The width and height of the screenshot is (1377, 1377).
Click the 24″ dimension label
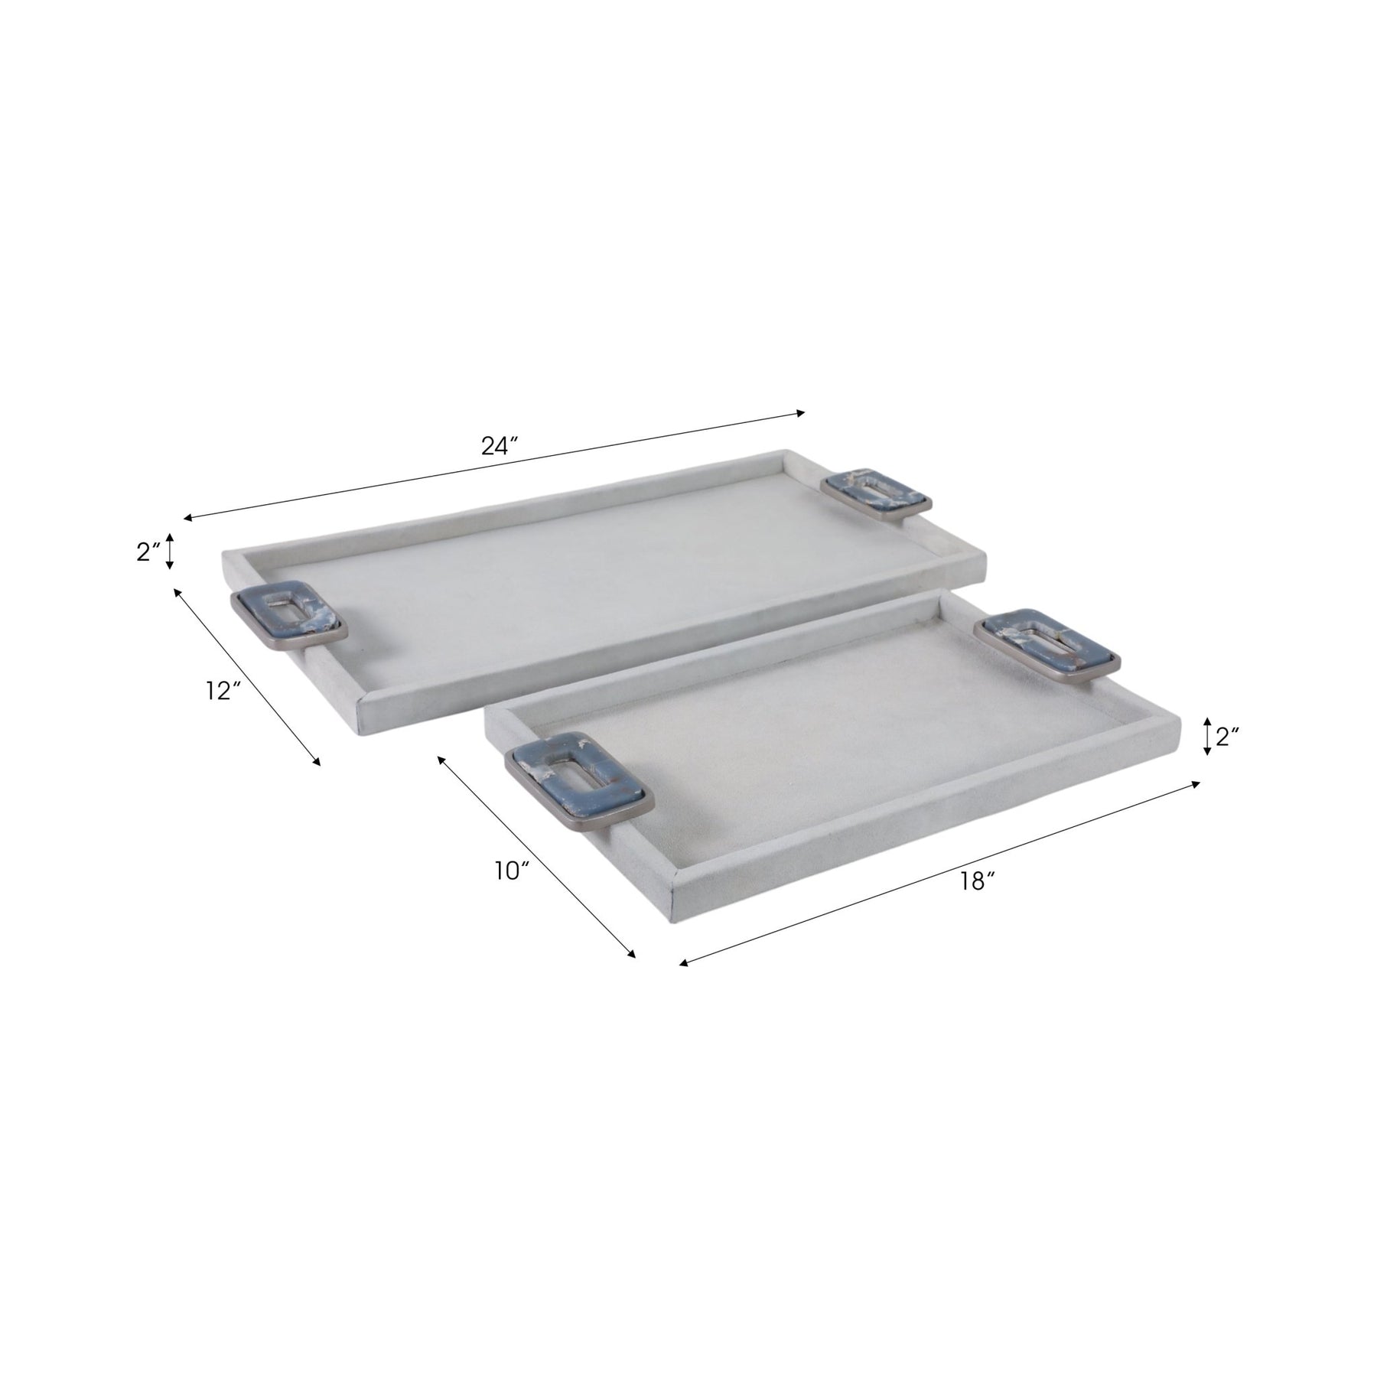(500, 446)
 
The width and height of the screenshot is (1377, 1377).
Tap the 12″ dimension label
(224, 691)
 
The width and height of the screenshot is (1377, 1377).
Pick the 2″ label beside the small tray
(1228, 737)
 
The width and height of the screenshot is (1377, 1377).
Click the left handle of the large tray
(288, 619)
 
